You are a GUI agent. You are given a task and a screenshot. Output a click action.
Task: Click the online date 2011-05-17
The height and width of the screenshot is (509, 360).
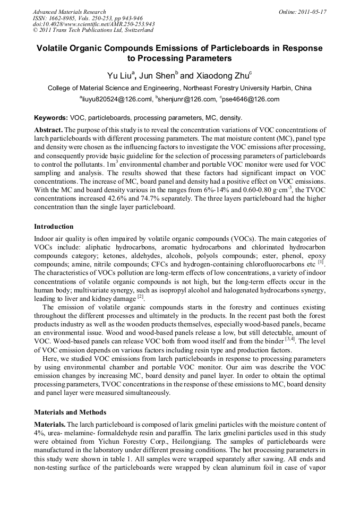(x=311, y=11)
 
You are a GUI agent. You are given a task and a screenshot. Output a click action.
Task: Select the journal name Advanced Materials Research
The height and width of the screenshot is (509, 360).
(x=69, y=11)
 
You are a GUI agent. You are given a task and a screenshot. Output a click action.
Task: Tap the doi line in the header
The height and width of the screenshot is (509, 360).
(x=93, y=24)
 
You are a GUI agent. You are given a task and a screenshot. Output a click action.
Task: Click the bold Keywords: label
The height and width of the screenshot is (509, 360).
(x=51, y=117)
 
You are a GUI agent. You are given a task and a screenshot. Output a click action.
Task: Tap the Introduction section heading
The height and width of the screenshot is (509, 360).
(x=54, y=227)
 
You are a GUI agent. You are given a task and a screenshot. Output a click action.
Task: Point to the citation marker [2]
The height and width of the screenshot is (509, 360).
(x=141, y=297)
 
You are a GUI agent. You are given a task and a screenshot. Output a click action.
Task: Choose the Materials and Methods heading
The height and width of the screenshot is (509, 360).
(x=70, y=412)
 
